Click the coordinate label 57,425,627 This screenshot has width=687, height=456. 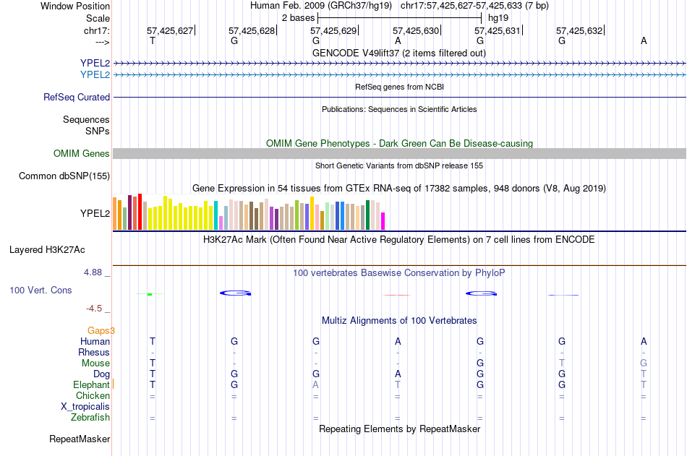[x=169, y=30]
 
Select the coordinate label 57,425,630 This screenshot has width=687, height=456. [x=415, y=30]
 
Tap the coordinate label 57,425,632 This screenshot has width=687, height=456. [x=579, y=30]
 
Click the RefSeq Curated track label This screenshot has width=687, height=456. [x=77, y=98]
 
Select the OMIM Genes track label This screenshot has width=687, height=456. [x=82, y=153]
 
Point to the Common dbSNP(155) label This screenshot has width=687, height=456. [x=64, y=176]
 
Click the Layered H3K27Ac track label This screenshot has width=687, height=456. [x=47, y=250]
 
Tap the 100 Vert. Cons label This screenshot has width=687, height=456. [x=40, y=290]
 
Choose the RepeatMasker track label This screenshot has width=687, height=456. [x=80, y=439]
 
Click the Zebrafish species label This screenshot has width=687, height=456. [x=90, y=418]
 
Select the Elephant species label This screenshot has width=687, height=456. [x=91, y=384]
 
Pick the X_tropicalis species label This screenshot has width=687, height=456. [x=85, y=407]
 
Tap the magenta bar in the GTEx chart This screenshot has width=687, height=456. [x=383, y=221]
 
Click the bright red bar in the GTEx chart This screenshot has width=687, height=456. [x=140, y=212]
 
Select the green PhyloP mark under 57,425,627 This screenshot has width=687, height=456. [x=150, y=294]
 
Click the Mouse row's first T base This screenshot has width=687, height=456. [x=153, y=363]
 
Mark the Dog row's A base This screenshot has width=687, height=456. [x=398, y=374]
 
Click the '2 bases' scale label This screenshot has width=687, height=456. [x=298, y=18]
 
